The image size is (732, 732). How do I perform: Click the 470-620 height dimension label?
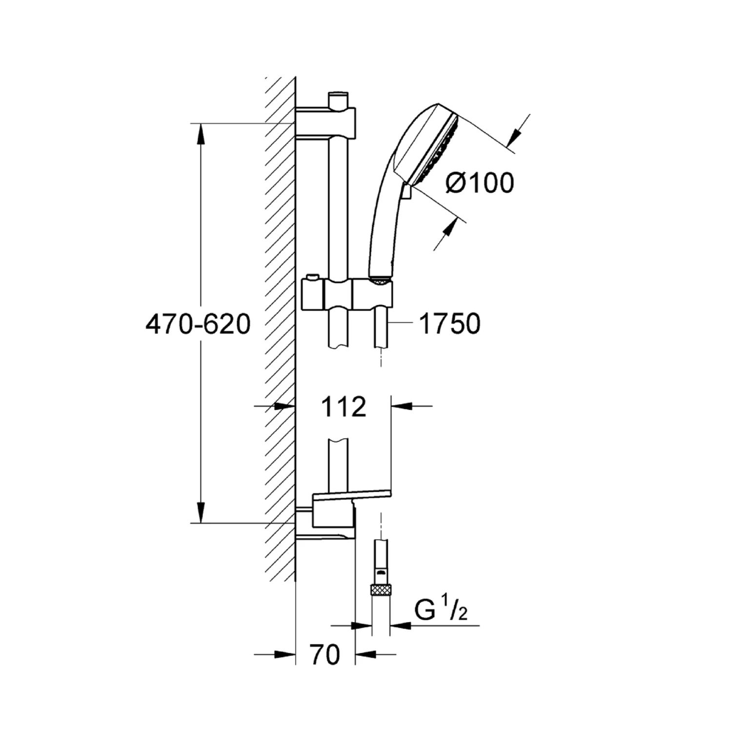[198, 324]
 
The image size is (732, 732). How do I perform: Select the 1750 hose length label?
[450, 324]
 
